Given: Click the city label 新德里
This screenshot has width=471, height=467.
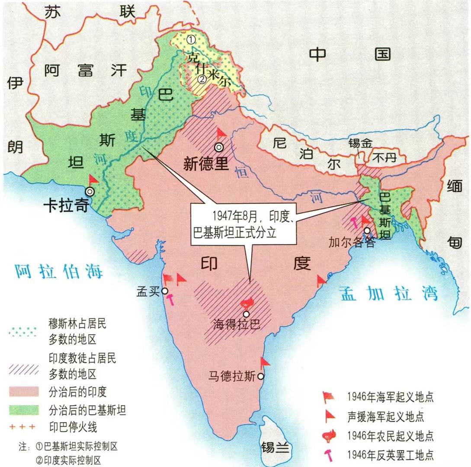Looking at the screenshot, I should point(206,164).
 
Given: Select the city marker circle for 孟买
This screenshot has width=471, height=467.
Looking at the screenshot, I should point(165,291).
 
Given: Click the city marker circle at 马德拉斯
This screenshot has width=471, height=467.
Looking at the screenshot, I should point(260,377).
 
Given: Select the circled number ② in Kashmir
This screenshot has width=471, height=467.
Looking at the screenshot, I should point(202,79).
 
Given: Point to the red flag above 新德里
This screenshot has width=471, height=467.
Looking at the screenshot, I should point(221,132).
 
